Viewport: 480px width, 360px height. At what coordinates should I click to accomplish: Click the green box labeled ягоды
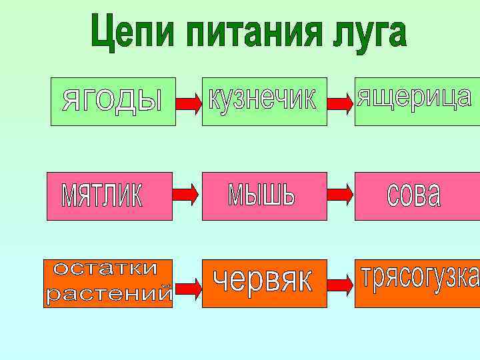click(113, 101)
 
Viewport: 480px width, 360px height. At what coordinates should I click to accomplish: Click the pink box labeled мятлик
click(109, 196)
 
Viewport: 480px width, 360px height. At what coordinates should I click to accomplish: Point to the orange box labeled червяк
click(265, 283)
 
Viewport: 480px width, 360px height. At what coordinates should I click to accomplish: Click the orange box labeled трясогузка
click(417, 283)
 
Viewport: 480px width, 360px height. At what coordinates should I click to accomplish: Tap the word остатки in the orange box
click(107, 269)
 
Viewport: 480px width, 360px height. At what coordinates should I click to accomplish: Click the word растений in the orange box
click(109, 294)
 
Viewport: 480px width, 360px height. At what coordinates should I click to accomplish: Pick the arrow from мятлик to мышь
click(186, 194)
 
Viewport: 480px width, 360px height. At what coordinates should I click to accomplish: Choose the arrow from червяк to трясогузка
click(342, 285)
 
